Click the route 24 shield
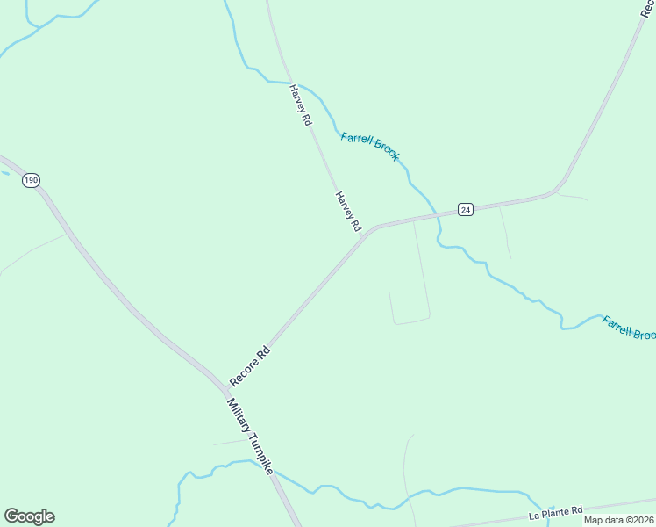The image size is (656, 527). tap(466, 209)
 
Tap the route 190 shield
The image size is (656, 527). tap(32, 180)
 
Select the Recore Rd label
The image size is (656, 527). tap(250, 367)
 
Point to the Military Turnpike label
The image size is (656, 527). tap(251, 437)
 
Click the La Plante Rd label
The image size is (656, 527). tap(555, 511)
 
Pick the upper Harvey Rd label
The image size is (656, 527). tap(301, 105)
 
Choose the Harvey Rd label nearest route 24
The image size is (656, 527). tap(348, 212)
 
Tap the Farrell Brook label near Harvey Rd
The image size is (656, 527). tap(370, 146)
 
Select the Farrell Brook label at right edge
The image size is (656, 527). tap(629, 328)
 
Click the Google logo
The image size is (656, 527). tap(29, 516)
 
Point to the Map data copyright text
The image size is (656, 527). tap(619, 520)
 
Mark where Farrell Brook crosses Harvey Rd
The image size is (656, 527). tap(289, 82)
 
